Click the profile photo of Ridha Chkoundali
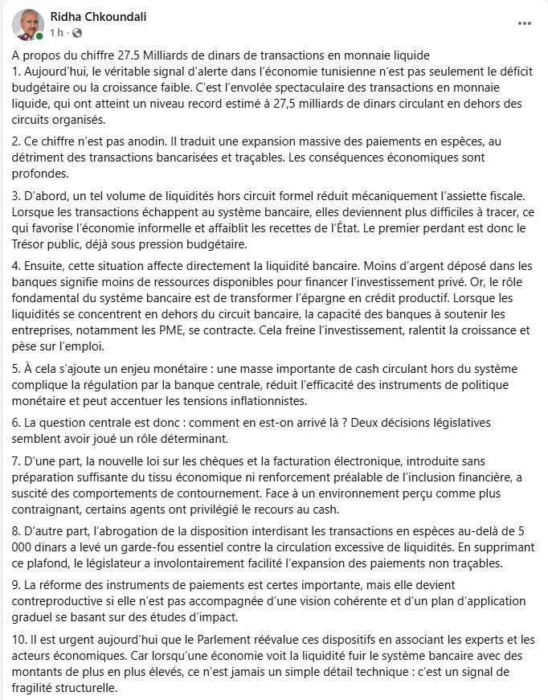pyautogui.click(x=28, y=24)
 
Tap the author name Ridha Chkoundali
pyautogui.click(x=98, y=17)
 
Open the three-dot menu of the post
pyautogui.click(x=524, y=24)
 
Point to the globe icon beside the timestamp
pyautogui.click(x=77, y=33)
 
